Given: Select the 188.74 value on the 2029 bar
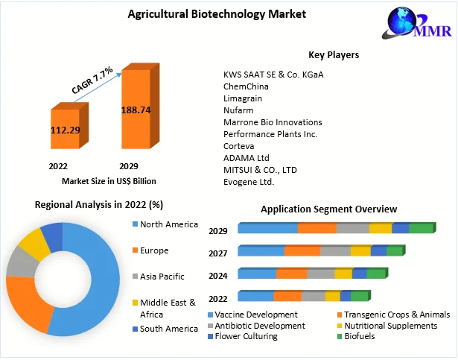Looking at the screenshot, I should (136, 110).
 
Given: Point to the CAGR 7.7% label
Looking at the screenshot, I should (92, 80).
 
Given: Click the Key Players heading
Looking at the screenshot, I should (334, 54).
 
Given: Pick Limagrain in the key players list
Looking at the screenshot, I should (243, 98).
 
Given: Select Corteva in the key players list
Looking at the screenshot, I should (238, 146).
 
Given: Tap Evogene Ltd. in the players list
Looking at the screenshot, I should (249, 182).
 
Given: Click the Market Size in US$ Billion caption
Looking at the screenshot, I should (109, 180).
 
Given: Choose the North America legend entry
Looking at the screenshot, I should (170, 224).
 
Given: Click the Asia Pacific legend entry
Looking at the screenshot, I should (162, 277).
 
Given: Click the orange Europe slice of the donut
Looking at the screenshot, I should (29, 304).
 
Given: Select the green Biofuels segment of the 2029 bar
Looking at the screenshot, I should (421, 228).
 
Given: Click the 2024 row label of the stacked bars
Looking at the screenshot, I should (218, 275).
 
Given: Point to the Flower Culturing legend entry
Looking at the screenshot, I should (246, 336).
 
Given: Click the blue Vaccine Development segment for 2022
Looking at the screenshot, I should (255, 297).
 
